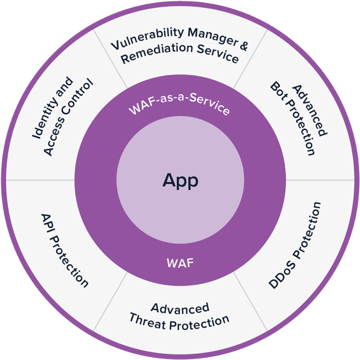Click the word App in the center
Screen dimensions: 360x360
tap(180, 181)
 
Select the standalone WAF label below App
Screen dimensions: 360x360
tap(180, 262)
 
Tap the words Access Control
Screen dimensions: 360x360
tap(67, 117)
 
